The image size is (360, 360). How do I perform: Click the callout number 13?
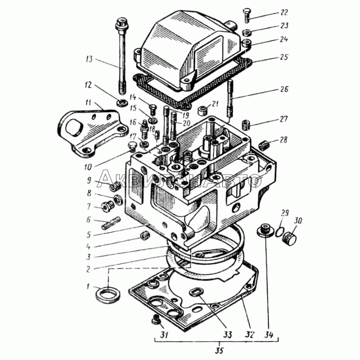(89, 58)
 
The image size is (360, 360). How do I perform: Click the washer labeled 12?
(120, 103)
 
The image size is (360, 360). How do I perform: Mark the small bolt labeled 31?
(156, 320)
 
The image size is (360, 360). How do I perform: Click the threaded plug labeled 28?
(265, 145)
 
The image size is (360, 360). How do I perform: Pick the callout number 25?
(283, 58)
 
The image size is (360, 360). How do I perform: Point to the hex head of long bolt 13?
(120, 22)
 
